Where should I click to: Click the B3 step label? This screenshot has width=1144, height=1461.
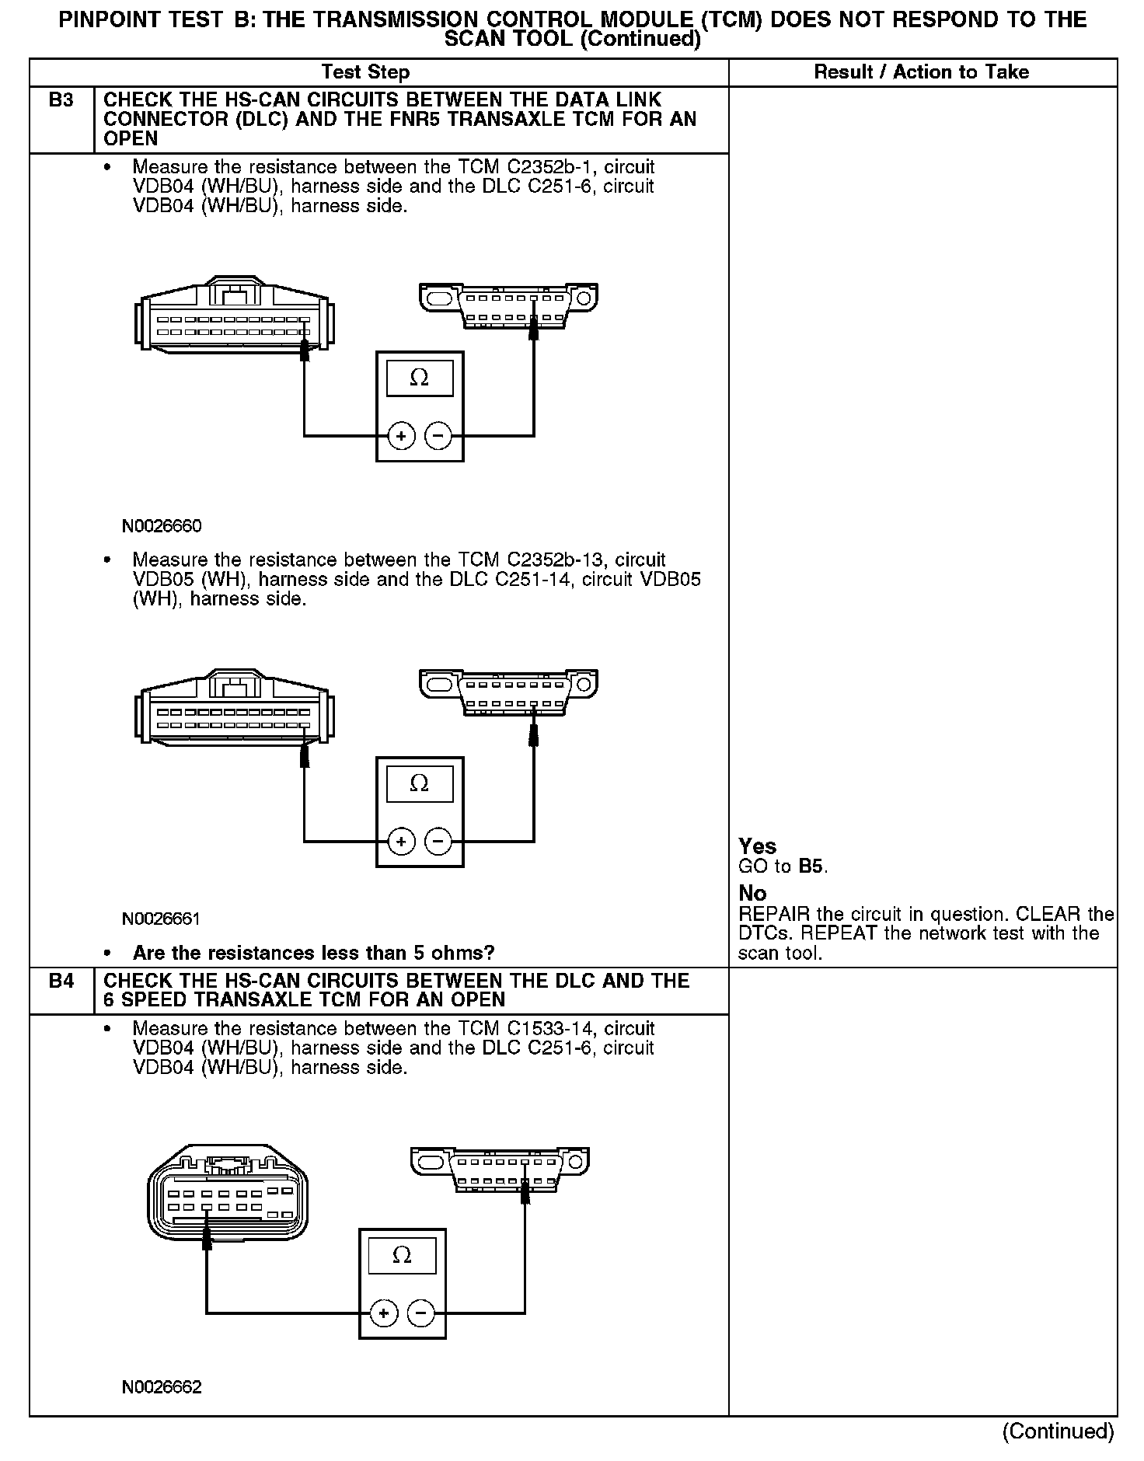(61, 100)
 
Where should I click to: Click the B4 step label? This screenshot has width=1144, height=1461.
(61, 981)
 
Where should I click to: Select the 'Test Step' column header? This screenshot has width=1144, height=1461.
(365, 72)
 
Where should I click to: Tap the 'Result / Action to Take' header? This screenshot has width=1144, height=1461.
(921, 72)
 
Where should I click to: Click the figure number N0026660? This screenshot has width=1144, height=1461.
(162, 526)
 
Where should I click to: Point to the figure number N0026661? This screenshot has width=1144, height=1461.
(162, 919)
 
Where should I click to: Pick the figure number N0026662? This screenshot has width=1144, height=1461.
(162, 1387)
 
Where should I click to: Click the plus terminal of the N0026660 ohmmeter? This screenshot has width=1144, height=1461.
(401, 436)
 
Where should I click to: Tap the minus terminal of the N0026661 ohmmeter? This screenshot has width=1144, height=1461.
(438, 841)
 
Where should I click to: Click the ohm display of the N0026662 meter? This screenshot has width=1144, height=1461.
(402, 1256)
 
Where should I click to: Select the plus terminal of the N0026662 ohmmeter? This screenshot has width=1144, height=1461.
(383, 1314)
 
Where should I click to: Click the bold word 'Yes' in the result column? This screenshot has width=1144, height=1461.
(757, 846)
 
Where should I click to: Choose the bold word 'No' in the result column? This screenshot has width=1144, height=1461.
(752, 893)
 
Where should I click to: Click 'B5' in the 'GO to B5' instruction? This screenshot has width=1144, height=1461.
(811, 866)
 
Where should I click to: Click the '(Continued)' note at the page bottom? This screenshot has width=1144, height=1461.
(1058, 1431)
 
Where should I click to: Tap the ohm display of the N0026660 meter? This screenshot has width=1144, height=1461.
(420, 378)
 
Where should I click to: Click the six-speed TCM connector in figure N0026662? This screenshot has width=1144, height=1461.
(227, 1194)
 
